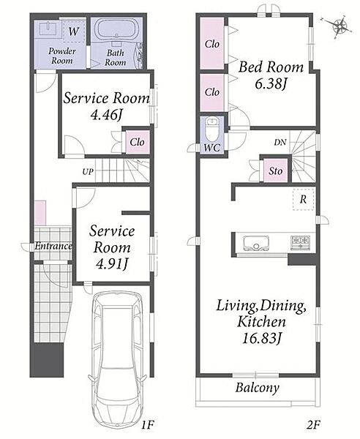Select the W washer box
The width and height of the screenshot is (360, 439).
coord(73,31)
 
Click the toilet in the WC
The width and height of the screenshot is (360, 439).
coord(212,130)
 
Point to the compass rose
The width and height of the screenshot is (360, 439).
coord(340,27)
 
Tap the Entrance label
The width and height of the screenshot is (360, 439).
coord(53,246)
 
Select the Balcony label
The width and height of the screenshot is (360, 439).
coord(258,388)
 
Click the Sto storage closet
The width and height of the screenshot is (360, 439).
coord(275,170)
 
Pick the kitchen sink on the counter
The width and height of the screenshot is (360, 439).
coord(256,243)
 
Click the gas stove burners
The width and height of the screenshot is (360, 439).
coord(301,242)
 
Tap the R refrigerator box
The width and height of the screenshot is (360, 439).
coord(304,199)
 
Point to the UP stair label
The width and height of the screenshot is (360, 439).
coord(88,171)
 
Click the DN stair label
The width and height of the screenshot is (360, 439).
coord(280,143)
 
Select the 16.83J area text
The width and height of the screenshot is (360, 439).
coord(261,339)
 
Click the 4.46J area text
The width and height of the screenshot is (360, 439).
coord(107,114)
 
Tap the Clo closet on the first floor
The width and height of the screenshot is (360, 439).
coord(137,142)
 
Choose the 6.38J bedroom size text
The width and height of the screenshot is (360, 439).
coord(271,83)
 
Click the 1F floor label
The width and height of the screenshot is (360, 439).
coord(147,425)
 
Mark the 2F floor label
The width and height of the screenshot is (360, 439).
coord(313,425)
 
